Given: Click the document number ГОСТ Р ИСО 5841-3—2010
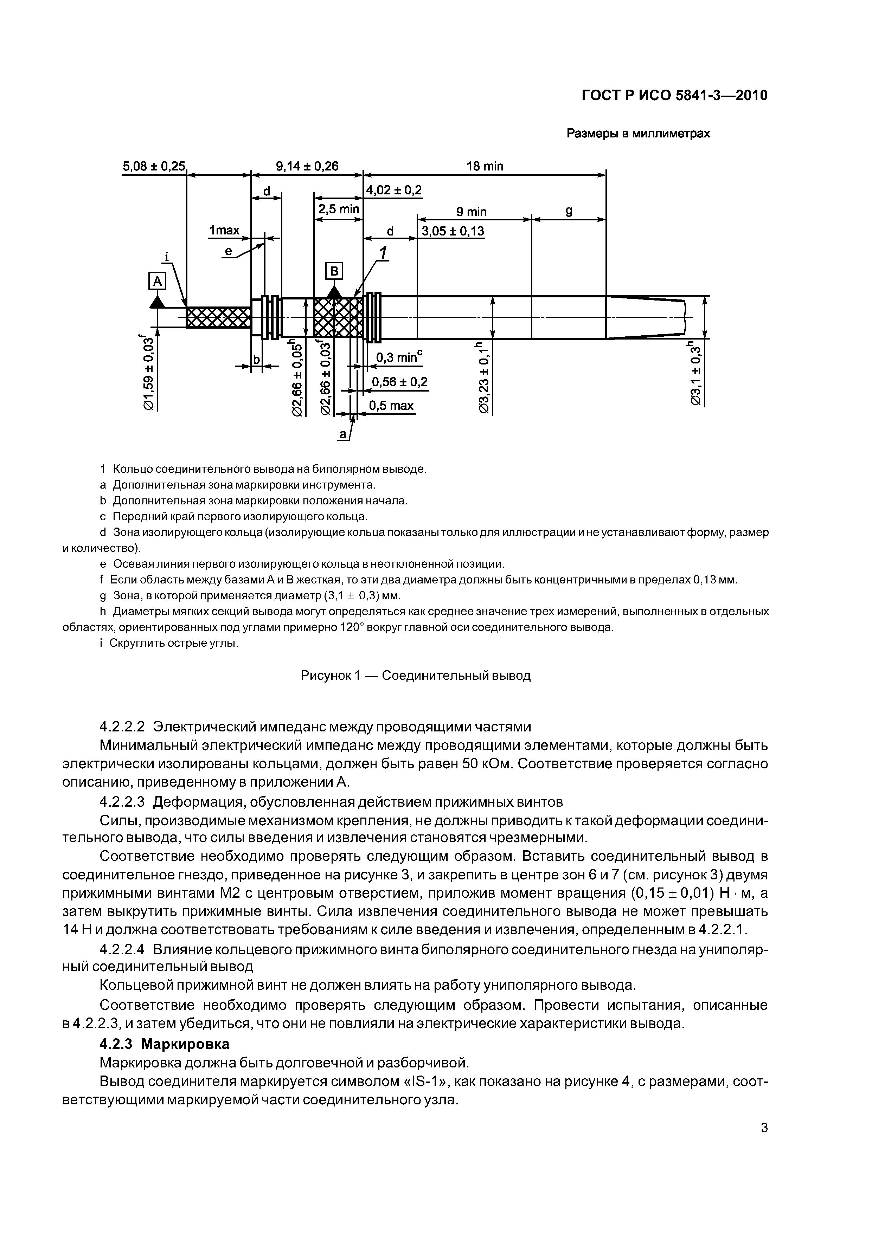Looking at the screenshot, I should pyautogui.click(x=675, y=96).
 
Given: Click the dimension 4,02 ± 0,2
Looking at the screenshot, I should pyautogui.click(x=393, y=191).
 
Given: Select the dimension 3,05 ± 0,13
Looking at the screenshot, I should pyautogui.click(x=453, y=232).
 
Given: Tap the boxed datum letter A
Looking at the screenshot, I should pyautogui.click(x=158, y=281).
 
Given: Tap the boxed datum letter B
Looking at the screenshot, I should pyautogui.click(x=334, y=271).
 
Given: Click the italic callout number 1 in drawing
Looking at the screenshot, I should pyautogui.click(x=384, y=253).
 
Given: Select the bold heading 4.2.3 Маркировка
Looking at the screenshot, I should pyautogui.click(x=165, y=1044).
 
